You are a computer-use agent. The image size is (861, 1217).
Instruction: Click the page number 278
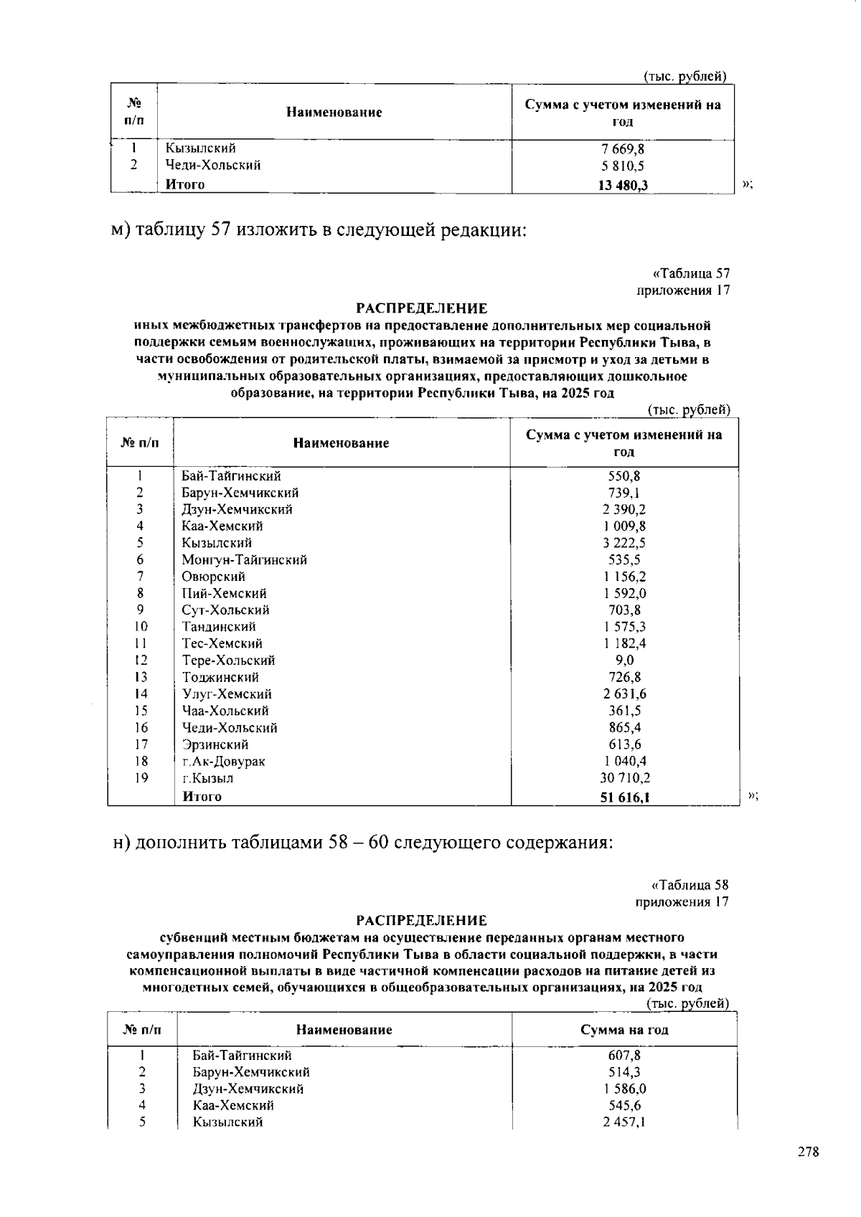[809, 1152]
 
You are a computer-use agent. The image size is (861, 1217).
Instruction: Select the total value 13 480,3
[623, 185]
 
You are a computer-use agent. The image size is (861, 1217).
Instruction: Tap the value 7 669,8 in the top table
[623, 148]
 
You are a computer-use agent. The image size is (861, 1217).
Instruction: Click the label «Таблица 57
[691, 273]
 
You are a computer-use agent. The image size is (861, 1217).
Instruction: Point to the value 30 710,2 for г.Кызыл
[625, 778]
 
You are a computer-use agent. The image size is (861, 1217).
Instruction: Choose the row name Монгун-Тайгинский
[244, 560]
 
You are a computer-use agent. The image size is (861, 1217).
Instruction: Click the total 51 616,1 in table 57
[625, 797]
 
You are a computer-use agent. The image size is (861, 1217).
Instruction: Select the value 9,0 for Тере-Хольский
[625, 660]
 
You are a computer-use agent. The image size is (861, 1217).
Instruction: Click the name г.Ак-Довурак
[224, 762]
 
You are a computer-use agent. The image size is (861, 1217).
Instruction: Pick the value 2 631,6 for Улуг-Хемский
[625, 694]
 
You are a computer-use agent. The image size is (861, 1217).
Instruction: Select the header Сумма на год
[624, 1030]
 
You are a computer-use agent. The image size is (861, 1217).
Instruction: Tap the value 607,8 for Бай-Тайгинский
[624, 1056]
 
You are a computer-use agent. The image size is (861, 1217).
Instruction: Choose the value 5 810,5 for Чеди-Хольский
[623, 166]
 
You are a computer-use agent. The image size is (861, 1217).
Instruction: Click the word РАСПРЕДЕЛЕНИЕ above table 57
[423, 309]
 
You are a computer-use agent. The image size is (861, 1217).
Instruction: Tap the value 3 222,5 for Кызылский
[625, 544]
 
